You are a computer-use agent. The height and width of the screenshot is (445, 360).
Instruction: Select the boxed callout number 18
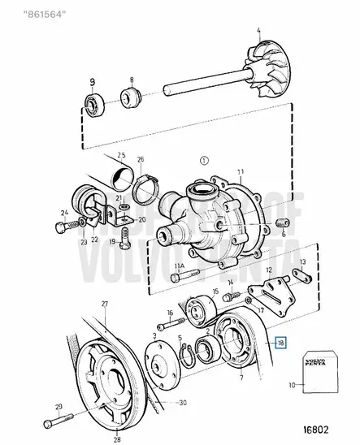[280, 343]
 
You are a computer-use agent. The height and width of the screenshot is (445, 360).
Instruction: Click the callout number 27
[104, 304]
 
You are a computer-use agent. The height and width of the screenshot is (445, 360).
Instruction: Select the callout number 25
[120, 155]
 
